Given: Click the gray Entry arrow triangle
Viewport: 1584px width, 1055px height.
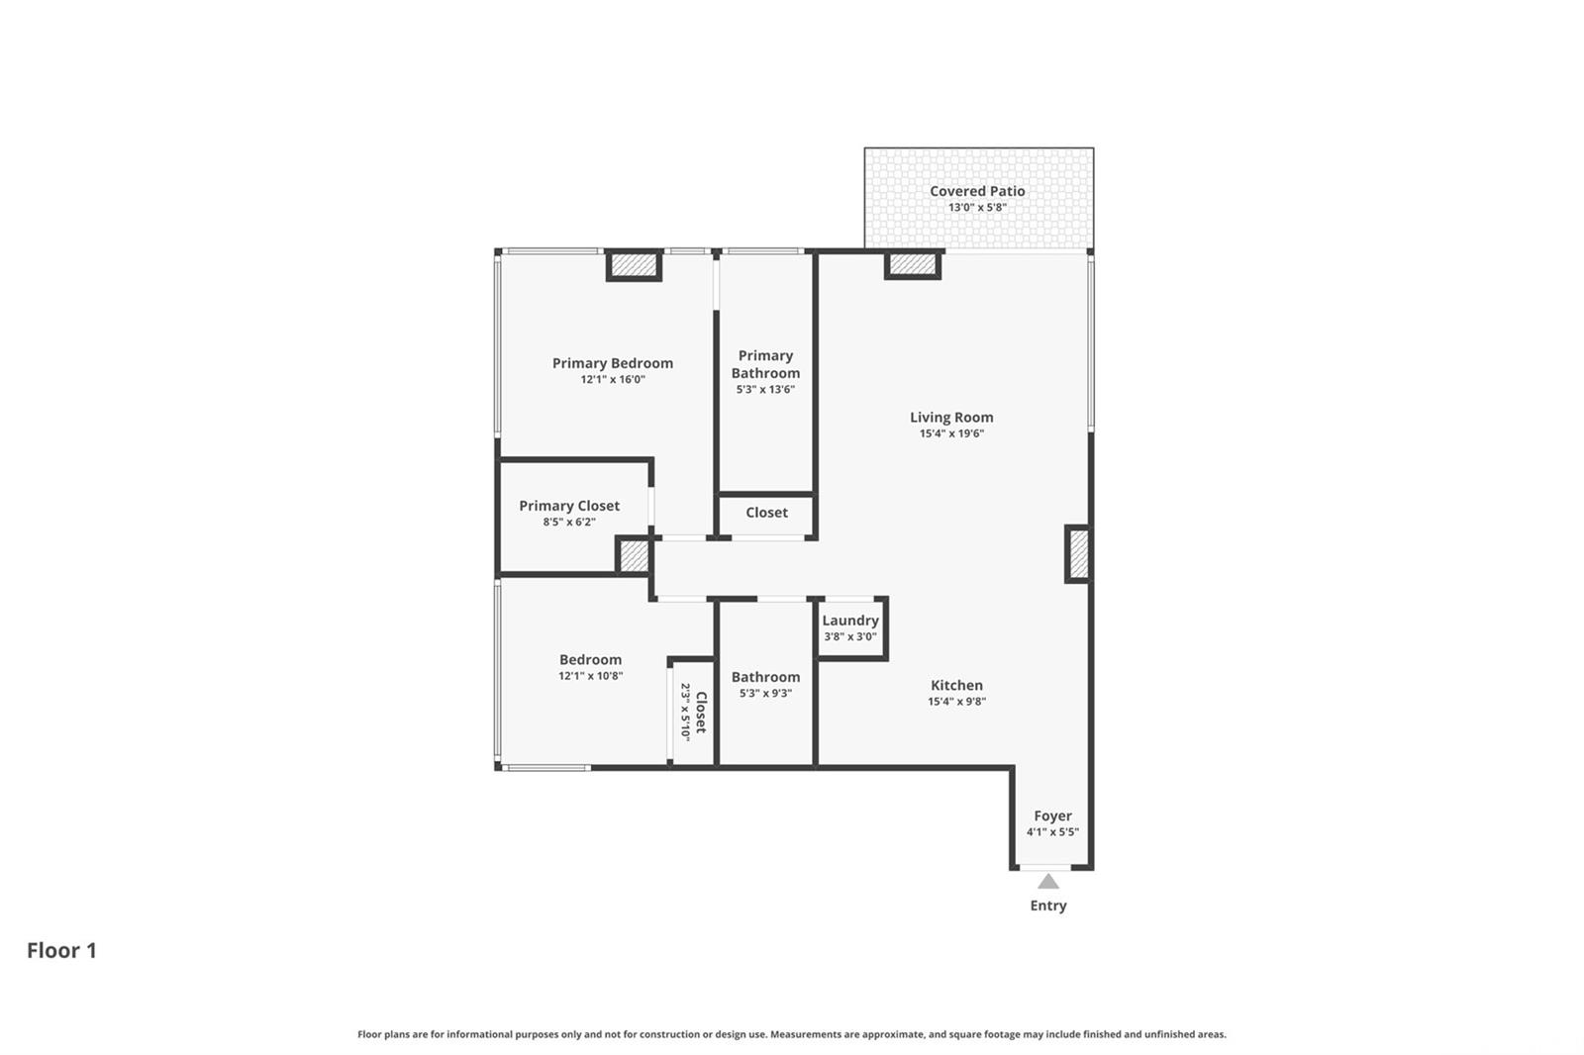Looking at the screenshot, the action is [1048, 882].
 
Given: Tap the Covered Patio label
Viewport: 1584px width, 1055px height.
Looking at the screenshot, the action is [977, 191].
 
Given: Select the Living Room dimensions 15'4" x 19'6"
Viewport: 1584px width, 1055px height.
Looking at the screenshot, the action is [951, 433].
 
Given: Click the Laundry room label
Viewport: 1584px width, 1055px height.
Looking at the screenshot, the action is [850, 621].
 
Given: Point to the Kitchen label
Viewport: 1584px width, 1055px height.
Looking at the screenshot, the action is [956, 685].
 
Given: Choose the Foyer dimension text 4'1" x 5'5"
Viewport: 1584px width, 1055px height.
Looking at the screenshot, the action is [1052, 831].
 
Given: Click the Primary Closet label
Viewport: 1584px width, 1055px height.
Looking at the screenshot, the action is [569, 507].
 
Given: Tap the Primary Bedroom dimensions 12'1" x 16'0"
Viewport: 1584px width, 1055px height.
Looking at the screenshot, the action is [613, 379].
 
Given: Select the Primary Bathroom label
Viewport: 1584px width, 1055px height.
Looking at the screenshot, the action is [765, 364].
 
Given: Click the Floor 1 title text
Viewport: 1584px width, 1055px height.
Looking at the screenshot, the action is [61, 950].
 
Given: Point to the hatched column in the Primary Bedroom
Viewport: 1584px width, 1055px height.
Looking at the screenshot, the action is [634, 265].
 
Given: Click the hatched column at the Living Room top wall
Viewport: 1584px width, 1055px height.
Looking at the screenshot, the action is [912, 264].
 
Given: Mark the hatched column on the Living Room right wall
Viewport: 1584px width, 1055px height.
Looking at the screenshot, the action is [1078, 554].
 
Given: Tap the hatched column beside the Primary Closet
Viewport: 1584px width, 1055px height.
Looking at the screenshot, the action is [634, 556].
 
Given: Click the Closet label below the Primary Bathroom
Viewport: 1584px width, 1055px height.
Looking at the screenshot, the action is [766, 513].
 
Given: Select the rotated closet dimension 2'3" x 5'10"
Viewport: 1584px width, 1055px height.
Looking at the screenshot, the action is [684, 712].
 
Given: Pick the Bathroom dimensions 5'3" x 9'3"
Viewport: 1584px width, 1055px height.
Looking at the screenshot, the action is [765, 693].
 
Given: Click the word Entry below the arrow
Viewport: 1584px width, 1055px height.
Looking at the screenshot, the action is [1048, 906].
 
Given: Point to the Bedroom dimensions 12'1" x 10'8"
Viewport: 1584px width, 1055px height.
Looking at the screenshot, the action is [590, 675].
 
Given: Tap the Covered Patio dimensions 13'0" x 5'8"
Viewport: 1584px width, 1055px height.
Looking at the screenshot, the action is [977, 207].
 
